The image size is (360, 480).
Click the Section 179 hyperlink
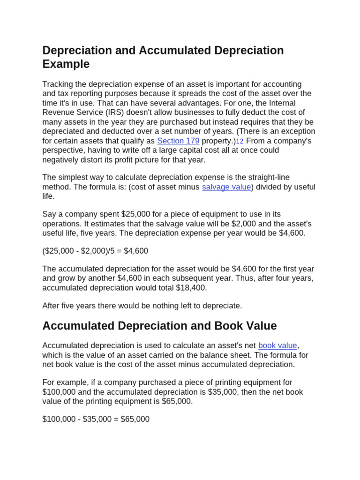178,141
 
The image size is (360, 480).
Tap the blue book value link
277,345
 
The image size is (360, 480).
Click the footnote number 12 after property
240,141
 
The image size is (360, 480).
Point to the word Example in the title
66,64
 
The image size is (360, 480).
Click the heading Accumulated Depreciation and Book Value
159,325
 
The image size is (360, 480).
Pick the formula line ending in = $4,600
95,251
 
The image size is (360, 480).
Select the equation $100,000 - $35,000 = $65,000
96,419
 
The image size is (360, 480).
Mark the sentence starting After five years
142,306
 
